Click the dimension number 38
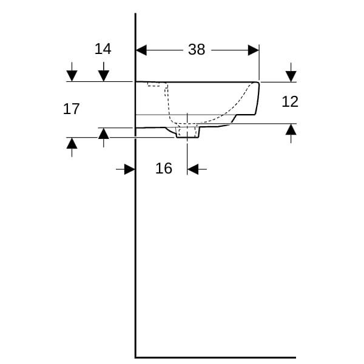197,50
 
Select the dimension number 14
103,49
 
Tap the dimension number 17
71,109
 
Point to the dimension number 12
290,102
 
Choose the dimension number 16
164,168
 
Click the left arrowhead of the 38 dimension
141,50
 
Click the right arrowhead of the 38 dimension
254,50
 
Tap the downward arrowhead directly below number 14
104,76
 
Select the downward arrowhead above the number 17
72,76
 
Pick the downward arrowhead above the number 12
291,76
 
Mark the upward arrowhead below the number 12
291,129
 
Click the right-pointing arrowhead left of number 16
130,169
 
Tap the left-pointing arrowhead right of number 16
193,169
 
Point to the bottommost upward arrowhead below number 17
72,143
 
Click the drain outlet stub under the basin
188,132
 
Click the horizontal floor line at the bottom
215,357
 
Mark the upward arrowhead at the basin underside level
104,133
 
